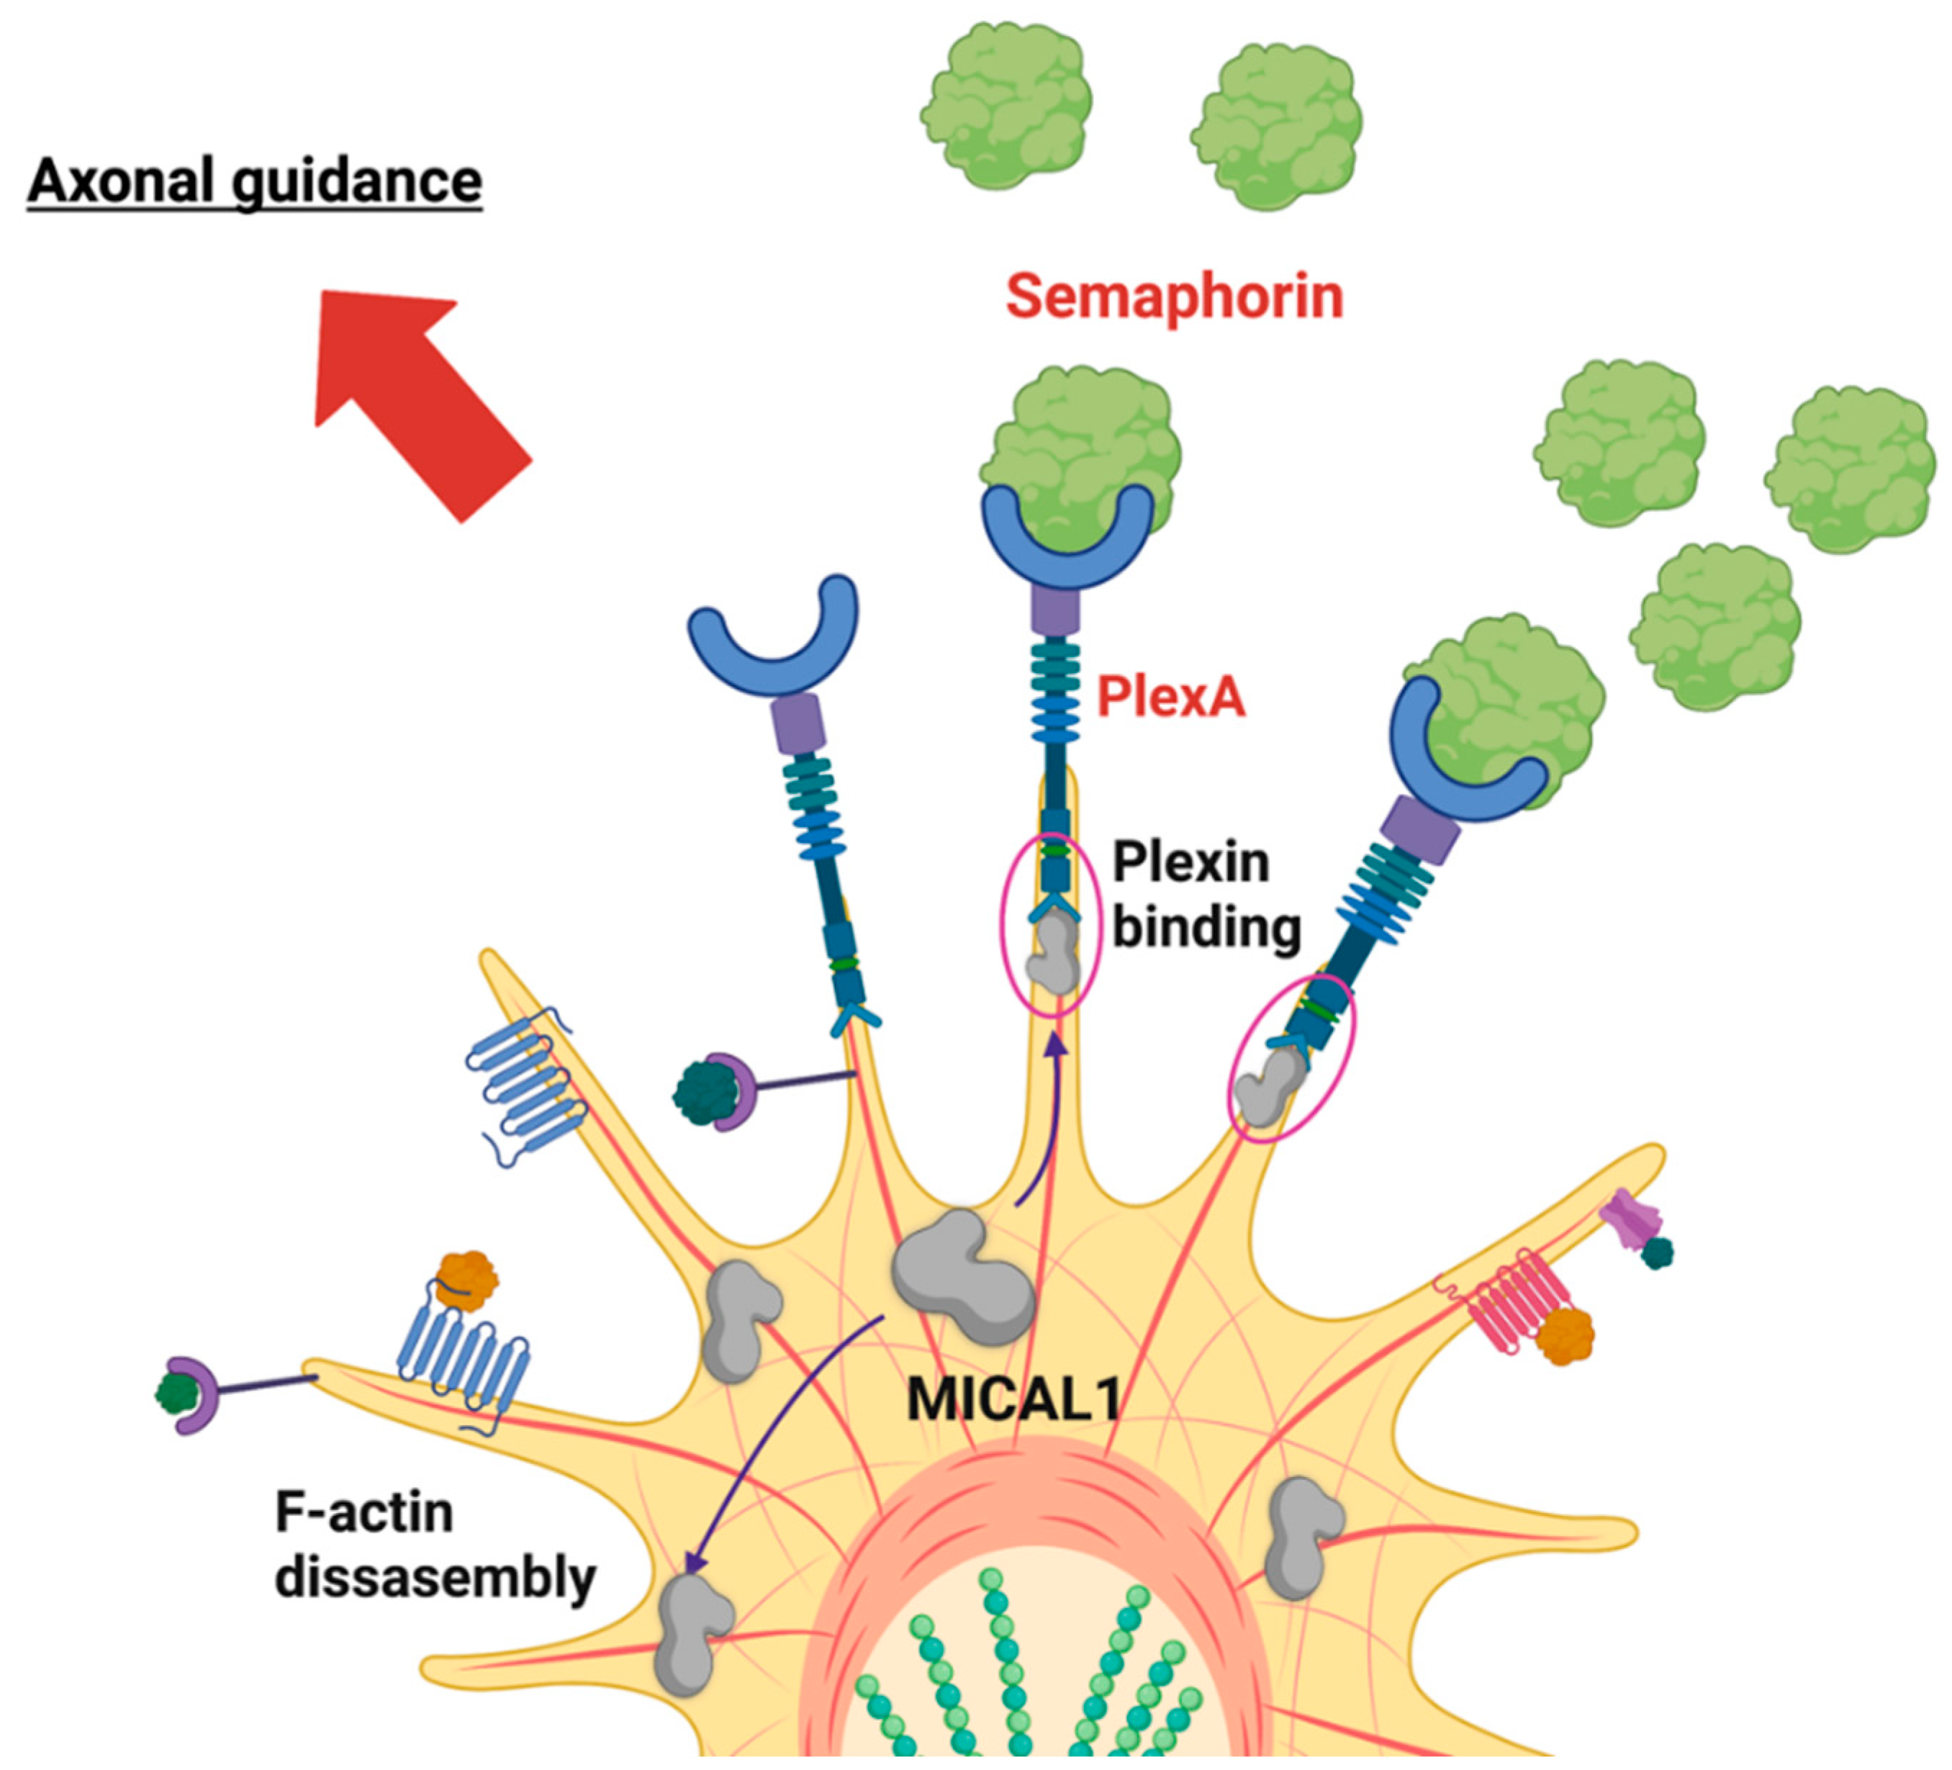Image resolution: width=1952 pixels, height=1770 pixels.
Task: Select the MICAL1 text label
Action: [1013, 1399]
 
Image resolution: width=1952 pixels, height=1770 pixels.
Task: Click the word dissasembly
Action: [435, 1579]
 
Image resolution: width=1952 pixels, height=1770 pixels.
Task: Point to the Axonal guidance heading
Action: [255, 181]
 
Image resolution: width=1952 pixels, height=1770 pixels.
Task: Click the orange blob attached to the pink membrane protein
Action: [1564, 1336]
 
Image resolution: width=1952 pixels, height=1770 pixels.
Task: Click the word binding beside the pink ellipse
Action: [1206, 928]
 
